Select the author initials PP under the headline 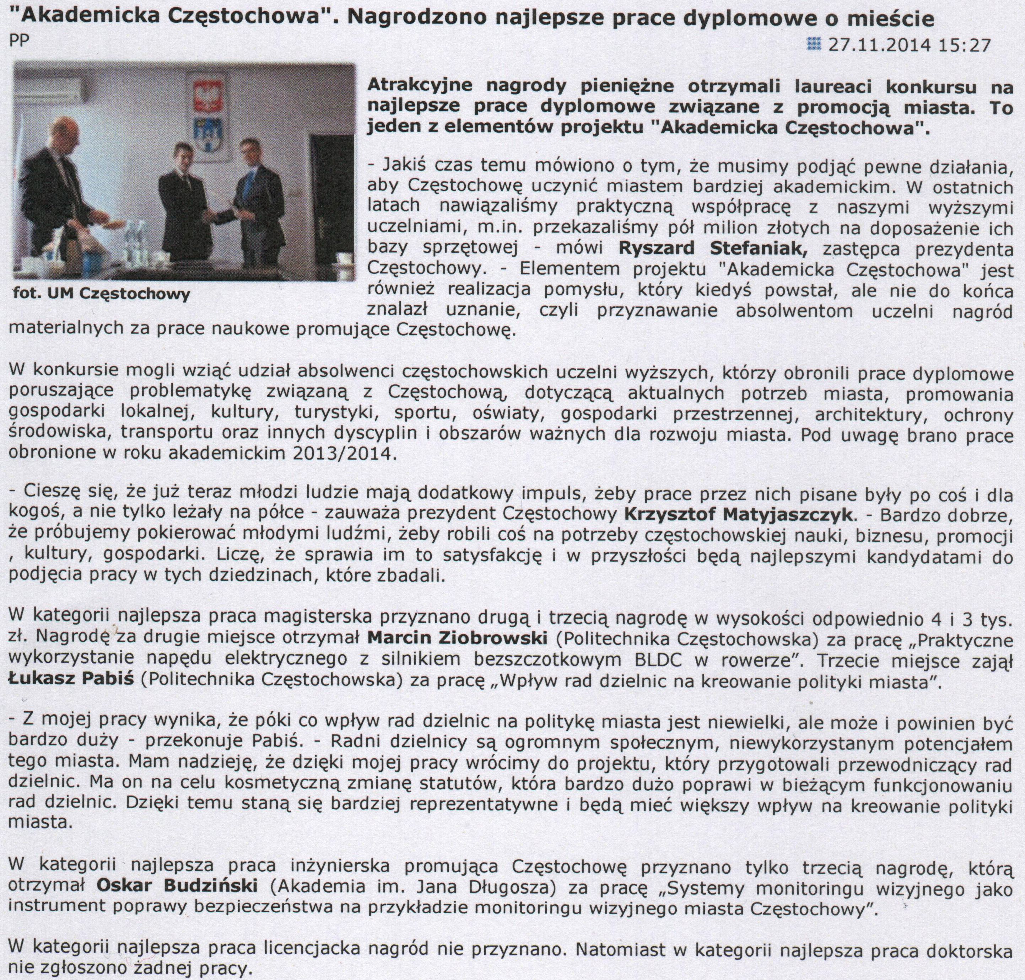point(19,41)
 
